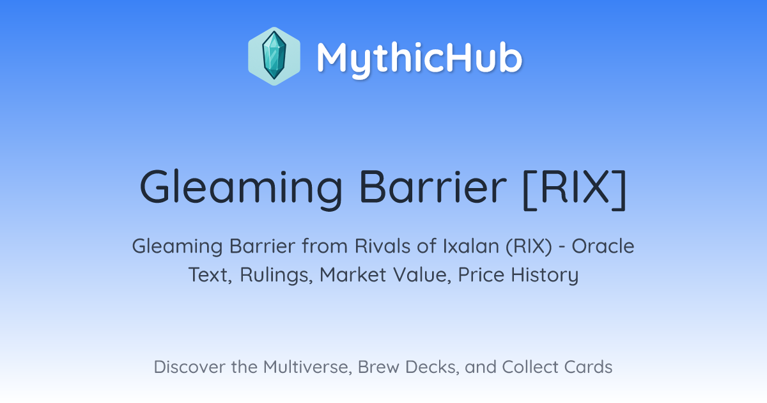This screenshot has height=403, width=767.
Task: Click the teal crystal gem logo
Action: coord(274,56)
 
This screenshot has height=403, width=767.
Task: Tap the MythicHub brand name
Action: coord(419,59)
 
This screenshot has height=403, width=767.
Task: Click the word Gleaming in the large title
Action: coord(241,189)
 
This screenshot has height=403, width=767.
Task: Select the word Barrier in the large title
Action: coord(433,186)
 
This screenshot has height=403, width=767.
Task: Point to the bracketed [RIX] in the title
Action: coord(575,188)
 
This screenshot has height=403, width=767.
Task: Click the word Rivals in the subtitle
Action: coord(383,246)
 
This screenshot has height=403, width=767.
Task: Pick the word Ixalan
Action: coord(471,246)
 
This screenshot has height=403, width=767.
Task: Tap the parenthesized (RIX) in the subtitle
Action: coord(529,247)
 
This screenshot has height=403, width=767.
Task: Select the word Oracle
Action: coord(603,246)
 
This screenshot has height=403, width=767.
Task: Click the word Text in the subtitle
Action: coord(210,275)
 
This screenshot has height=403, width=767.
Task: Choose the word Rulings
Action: coord(276,276)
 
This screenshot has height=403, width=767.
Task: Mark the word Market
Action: coord(353,275)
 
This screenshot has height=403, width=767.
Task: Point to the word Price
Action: coord(481,275)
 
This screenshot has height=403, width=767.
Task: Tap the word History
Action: coord(545,276)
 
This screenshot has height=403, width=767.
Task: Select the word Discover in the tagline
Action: coord(189,367)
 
